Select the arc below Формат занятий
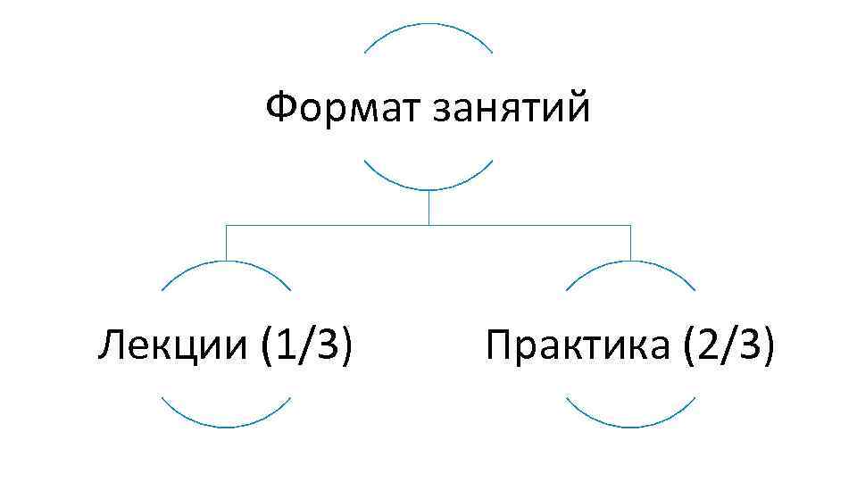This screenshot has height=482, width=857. click(x=428, y=187)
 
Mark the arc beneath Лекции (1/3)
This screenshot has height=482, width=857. click(x=226, y=425)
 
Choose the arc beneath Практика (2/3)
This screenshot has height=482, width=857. click(x=631, y=425)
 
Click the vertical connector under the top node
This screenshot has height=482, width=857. click(x=428, y=207)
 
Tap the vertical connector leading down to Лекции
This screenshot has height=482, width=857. click(x=226, y=243)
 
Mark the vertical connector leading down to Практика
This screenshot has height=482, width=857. click(x=631, y=243)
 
